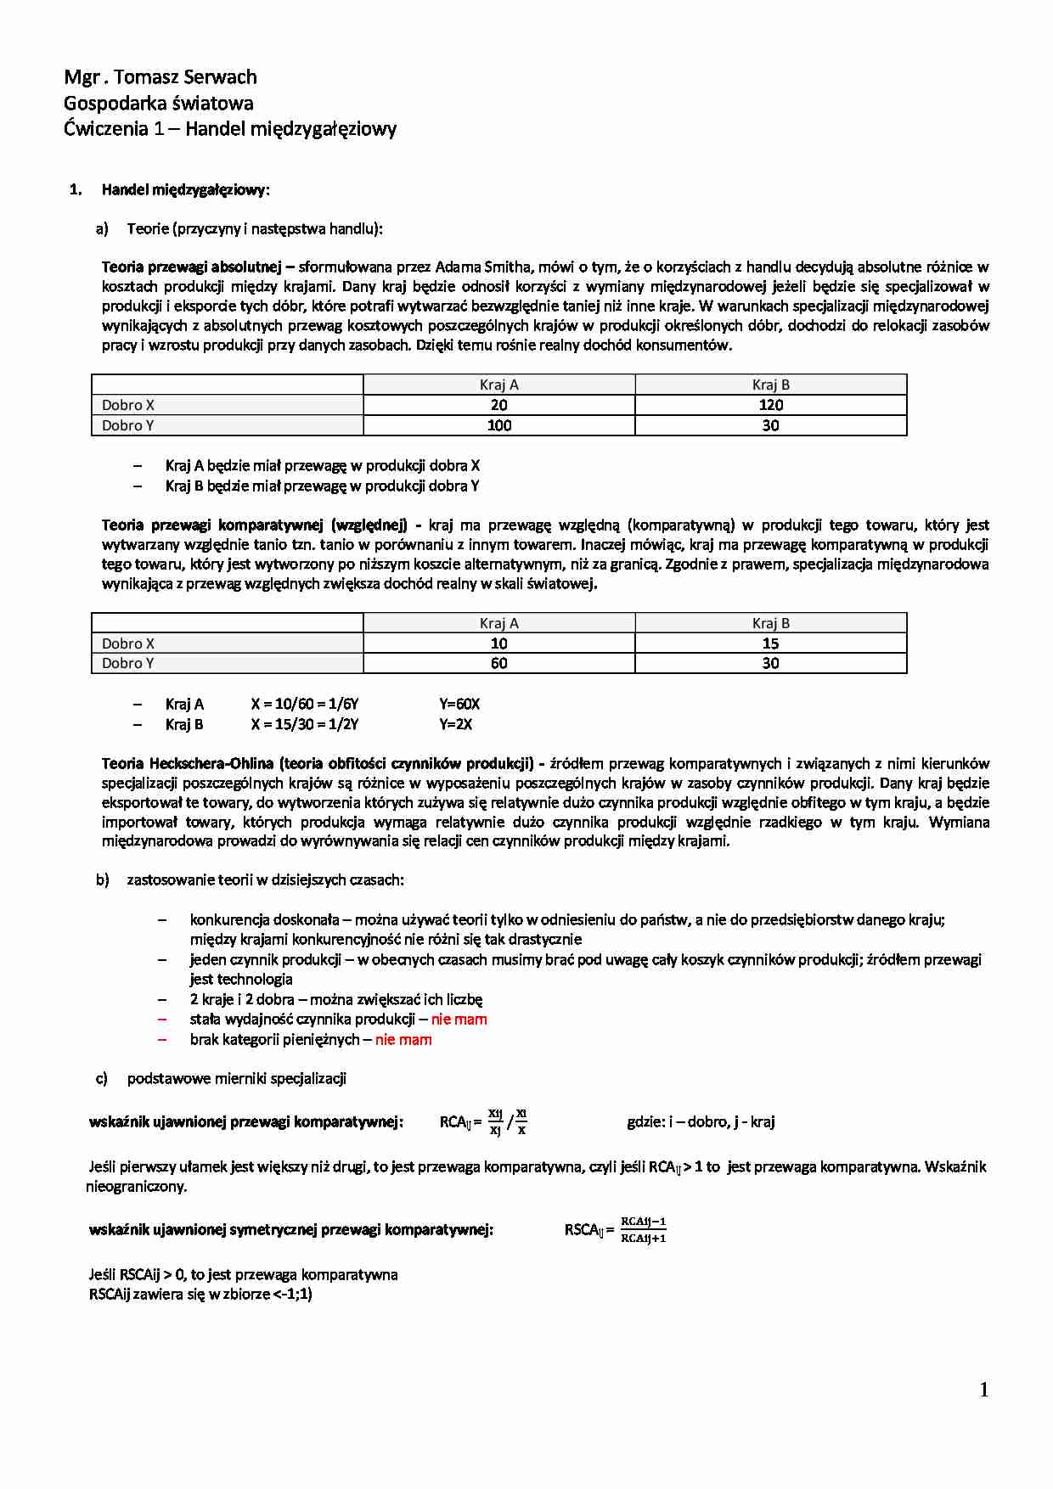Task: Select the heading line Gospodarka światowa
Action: pos(159,104)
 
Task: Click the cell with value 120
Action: pos(770,405)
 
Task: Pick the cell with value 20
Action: pos(498,405)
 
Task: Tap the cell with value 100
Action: pos(498,425)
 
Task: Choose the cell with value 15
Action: pos(770,643)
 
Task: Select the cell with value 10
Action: pos(498,643)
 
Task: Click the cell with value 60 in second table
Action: pos(498,663)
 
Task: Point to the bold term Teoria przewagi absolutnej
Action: pos(191,267)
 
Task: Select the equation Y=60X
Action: pos(459,705)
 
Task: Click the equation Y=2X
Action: pos(456,725)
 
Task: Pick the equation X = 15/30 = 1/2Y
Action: pos(305,725)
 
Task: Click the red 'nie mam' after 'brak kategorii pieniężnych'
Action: pos(403,1040)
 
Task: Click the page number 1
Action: pos(984,1390)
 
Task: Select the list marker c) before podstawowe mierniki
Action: pos(102,1079)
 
